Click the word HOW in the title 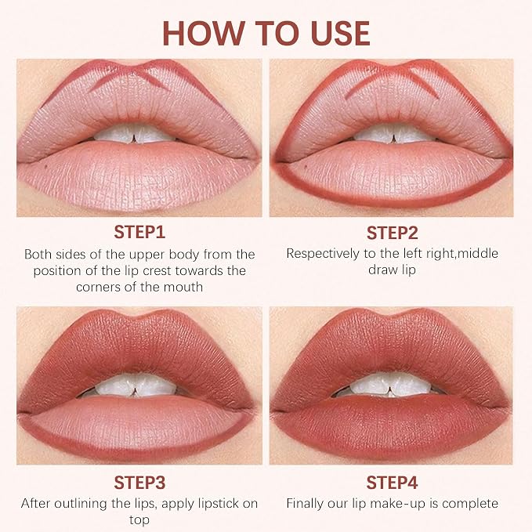[203, 33]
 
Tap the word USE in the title [340, 33]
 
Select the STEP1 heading [139, 233]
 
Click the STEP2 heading [393, 233]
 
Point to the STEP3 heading [139, 482]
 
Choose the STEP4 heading [392, 482]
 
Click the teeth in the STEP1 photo [134, 133]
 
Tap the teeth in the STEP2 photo [393, 133]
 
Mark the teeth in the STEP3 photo [135, 385]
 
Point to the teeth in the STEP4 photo [390, 384]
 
